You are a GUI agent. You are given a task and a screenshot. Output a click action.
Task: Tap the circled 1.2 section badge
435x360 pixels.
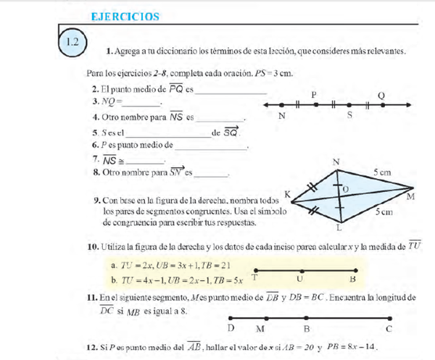tap(72, 41)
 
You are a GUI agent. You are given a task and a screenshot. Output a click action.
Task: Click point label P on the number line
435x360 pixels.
tap(314, 95)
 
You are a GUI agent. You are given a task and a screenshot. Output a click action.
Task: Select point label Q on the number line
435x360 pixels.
tap(381, 95)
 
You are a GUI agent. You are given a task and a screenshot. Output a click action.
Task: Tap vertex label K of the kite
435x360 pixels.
tap(288, 194)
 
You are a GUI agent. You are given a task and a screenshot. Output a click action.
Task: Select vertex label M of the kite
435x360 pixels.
tap(411, 196)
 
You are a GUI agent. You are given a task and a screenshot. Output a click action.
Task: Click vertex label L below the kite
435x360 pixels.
tap(339, 228)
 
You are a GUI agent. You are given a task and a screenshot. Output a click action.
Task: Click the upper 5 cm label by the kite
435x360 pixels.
tap(382, 173)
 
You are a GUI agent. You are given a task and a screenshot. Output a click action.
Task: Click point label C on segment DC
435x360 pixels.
tap(389, 330)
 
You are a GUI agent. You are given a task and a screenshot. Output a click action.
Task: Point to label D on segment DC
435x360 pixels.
tap(231, 330)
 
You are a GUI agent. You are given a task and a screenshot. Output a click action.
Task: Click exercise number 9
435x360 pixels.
tap(97, 200)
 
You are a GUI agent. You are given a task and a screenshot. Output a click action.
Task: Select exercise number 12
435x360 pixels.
tap(92, 348)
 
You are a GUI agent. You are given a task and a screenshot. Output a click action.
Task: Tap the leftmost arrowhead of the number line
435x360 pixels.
tap(266, 106)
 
